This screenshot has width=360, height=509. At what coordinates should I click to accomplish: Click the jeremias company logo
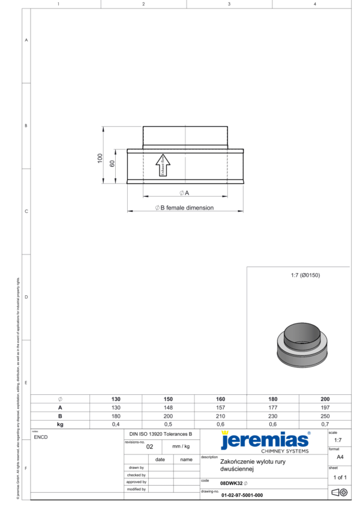click(264, 441)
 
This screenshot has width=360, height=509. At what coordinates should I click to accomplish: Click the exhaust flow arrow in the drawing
click(163, 166)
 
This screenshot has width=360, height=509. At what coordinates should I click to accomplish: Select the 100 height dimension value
click(100, 157)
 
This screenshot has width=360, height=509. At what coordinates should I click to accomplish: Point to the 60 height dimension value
click(112, 164)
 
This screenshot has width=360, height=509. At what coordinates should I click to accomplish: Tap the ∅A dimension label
click(184, 193)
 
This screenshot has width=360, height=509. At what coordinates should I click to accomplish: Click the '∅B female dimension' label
click(184, 208)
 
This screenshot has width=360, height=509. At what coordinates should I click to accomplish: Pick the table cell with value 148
click(169, 407)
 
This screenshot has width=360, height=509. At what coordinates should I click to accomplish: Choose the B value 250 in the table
click(325, 415)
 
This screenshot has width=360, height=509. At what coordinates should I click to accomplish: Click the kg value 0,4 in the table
click(116, 424)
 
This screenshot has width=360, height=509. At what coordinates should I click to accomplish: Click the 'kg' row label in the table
click(60, 424)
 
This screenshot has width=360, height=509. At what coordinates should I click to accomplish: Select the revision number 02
click(150, 447)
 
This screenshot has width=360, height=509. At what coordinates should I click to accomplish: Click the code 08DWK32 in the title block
click(231, 483)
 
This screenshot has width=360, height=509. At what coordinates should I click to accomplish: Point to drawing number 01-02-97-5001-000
click(242, 495)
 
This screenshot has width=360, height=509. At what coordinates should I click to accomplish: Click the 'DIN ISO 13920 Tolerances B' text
click(161, 433)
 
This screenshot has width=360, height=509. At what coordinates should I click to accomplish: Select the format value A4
click(340, 456)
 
